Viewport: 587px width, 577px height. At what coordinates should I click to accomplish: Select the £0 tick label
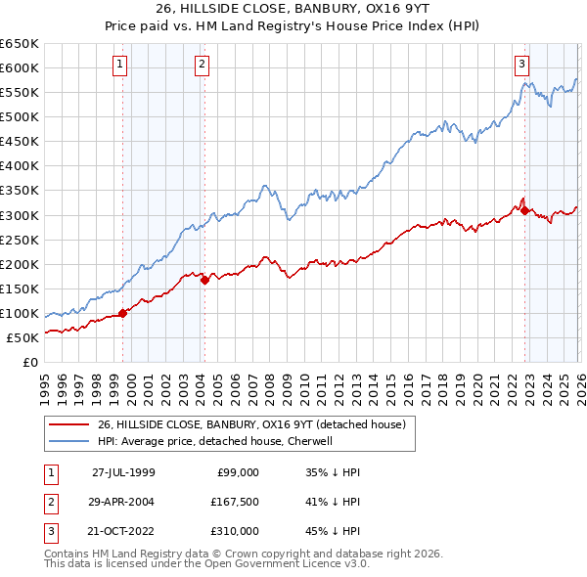30,362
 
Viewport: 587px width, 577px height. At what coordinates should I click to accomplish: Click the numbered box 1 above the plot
119,65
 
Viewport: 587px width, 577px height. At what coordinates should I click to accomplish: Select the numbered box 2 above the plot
202,65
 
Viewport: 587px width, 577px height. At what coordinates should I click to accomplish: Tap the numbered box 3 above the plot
521,65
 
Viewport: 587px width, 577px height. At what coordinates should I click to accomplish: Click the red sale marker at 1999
123,313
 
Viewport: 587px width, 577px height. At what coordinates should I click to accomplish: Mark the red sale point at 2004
205,280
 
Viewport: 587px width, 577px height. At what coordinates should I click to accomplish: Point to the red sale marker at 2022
525,209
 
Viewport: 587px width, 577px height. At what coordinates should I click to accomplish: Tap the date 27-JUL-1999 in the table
123,471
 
